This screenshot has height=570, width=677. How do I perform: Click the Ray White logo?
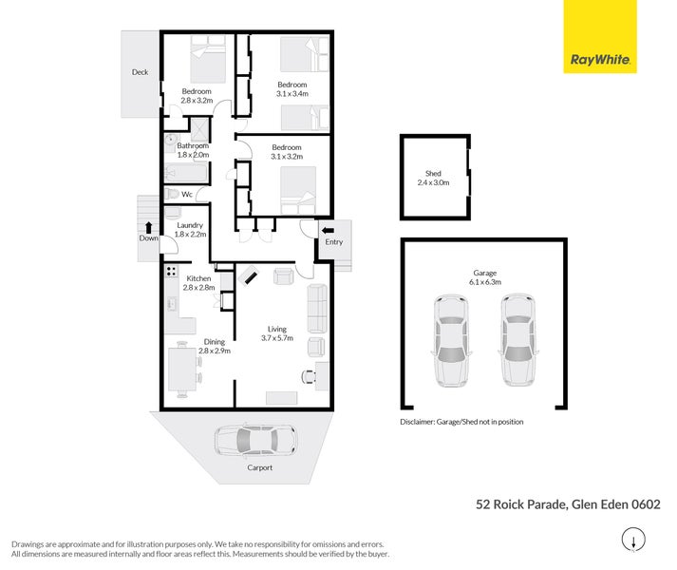click(601, 37)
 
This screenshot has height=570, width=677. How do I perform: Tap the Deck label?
click(140, 71)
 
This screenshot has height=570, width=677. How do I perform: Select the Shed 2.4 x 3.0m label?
click(433, 178)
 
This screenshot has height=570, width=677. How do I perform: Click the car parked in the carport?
click(254, 441)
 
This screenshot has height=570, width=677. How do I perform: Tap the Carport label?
click(259, 467)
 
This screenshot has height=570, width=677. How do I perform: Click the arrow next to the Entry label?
click(329, 229)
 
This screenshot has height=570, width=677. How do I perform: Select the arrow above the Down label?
click(148, 226)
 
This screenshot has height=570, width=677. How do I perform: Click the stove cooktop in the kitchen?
click(173, 272)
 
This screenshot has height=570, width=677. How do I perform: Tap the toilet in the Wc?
click(172, 194)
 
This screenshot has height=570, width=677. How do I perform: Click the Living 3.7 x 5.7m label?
click(280, 332)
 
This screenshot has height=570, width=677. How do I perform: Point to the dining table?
click(182, 370)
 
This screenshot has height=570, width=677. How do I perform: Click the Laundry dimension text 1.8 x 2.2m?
click(190, 234)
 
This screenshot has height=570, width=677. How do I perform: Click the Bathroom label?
click(192, 145)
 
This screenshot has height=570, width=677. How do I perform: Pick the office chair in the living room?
click(309, 374)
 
